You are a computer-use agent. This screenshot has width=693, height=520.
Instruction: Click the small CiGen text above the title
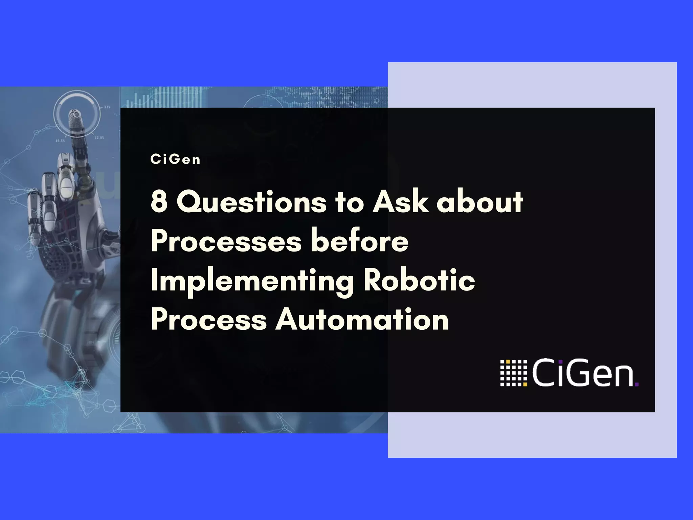(x=175, y=159)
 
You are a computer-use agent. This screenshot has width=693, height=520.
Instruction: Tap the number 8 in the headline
(x=159, y=202)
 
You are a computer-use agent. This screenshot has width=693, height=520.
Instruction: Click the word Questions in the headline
(x=251, y=202)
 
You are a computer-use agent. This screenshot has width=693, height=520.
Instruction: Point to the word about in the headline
(x=480, y=202)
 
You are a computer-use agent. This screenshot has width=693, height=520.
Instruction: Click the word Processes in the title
(x=226, y=241)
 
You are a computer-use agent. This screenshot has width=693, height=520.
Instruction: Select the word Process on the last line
(x=209, y=320)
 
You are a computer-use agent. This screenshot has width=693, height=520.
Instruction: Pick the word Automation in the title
(x=362, y=320)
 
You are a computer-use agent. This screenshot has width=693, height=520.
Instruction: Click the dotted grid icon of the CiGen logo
(x=514, y=373)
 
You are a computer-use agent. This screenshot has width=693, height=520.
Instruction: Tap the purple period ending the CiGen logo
(x=636, y=384)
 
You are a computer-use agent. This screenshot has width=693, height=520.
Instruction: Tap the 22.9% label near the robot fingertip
(x=99, y=138)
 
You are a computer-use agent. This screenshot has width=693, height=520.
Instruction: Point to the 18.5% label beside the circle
(x=60, y=140)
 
